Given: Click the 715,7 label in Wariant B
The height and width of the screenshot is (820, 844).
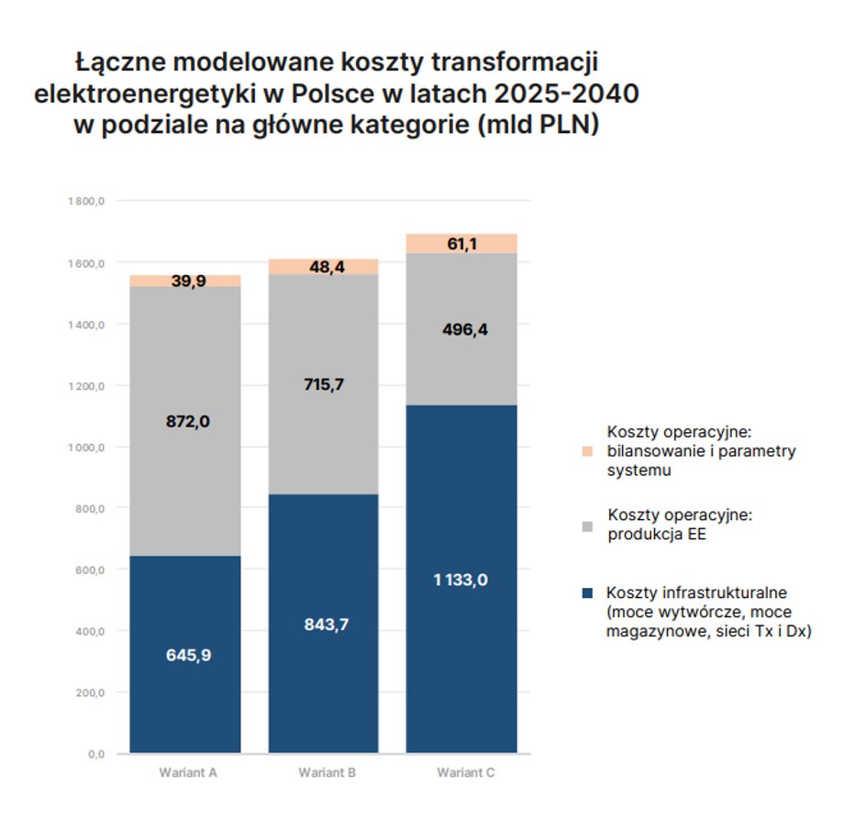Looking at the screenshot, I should click(323, 384).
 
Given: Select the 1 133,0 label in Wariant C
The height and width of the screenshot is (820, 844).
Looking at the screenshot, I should click(461, 579).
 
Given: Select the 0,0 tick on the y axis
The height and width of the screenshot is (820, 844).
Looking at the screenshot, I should click(98, 754).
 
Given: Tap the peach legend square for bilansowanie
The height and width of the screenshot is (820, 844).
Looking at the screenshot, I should click(587, 451).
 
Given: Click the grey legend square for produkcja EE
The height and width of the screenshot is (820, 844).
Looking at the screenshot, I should click(587, 526).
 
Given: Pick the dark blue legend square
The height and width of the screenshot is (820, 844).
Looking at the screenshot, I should click(587, 593).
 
